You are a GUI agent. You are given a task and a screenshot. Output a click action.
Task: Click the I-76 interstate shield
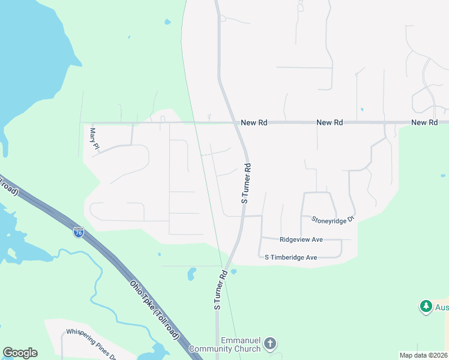(x=79, y=232)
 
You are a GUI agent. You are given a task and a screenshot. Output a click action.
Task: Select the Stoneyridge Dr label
(x=334, y=220)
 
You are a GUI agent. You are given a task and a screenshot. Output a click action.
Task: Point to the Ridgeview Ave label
(x=301, y=239)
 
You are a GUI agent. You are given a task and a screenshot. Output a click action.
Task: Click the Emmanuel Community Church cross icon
(x=270, y=344)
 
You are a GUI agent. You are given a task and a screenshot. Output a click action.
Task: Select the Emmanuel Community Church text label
(x=224, y=344)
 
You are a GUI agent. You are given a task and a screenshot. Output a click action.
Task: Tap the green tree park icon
(x=426, y=307)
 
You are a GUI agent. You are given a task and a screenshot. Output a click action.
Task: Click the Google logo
(x=20, y=353)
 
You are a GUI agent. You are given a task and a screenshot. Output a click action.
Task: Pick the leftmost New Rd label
(x=254, y=122)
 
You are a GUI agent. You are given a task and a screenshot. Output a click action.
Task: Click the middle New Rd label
(x=330, y=122)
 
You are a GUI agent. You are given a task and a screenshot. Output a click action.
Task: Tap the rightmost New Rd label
(x=424, y=122)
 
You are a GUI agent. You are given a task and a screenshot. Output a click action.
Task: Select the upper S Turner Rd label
(x=246, y=183)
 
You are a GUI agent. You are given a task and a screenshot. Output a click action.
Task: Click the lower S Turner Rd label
(x=220, y=289)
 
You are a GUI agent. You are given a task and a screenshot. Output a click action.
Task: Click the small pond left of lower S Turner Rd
(x=191, y=274)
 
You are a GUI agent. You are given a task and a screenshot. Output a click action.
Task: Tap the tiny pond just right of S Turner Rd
(x=234, y=272)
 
